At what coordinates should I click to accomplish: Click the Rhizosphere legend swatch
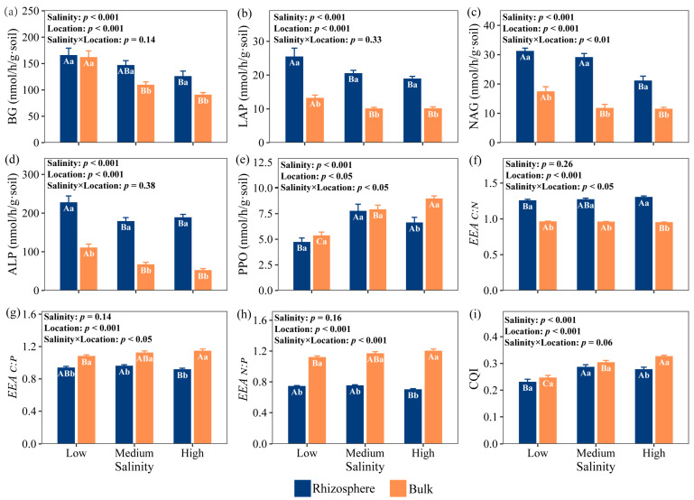click(x=301, y=488)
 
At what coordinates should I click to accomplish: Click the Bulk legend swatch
click(x=398, y=488)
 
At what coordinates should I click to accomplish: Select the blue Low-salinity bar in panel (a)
click(x=69, y=98)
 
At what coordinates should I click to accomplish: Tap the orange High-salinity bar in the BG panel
click(x=203, y=118)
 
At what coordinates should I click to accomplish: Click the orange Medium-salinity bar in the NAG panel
click(x=605, y=125)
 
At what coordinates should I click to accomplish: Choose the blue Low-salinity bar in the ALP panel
click(x=69, y=246)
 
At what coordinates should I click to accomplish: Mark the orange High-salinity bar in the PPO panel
click(x=434, y=245)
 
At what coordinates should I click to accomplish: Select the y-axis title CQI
click(x=474, y=378)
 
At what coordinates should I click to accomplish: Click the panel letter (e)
click(x=245, y=160)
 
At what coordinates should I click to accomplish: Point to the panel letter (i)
click(x=474, y=315)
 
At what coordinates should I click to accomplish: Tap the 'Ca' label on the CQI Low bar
click(x=548, y=384)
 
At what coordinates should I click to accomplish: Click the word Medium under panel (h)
click(x=365, y=453)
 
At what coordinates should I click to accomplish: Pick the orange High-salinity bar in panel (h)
click(x=433, y=397)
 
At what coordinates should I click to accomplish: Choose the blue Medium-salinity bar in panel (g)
click(x=125, y=405)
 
